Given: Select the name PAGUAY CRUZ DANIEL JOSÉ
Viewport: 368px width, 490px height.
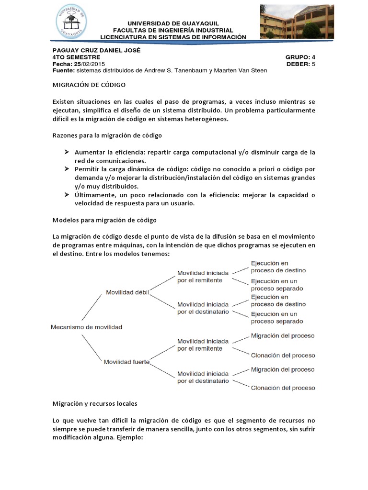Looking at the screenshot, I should click(96, 50).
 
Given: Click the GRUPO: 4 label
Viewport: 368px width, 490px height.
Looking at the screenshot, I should click(300, 57).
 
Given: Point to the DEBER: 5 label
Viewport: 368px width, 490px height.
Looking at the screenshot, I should click(301, 64).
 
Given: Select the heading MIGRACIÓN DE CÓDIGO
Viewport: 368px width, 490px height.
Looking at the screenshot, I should click(89, 85).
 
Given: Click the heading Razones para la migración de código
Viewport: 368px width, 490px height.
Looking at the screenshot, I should click(107, 135).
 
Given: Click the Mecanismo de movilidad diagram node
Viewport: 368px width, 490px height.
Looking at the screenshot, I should click(86, 327).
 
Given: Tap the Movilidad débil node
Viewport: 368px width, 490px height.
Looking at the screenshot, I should click(126, 292).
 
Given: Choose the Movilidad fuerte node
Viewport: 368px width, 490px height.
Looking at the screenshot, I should click(126, 362).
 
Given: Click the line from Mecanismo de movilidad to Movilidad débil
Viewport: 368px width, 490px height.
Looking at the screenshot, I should click(91, 307).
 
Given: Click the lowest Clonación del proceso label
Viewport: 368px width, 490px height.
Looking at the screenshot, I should click(283, 388).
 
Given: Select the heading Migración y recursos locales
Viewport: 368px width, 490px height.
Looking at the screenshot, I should click(94, 404).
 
